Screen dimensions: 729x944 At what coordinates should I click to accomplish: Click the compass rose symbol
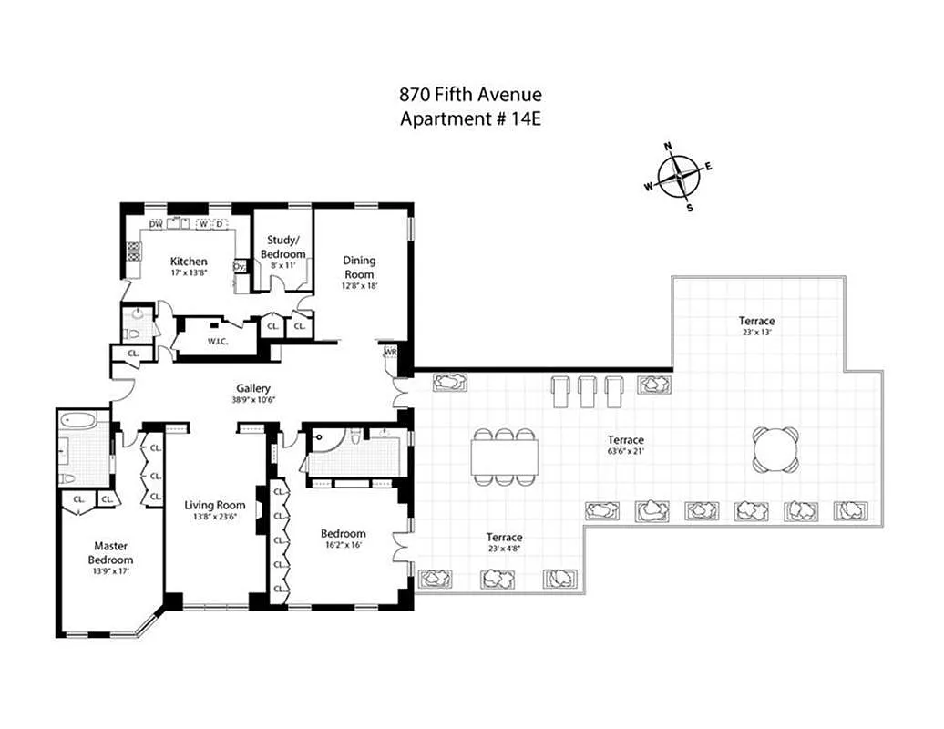(x=679, y=176)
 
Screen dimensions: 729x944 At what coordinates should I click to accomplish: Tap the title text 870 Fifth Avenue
(x=471, y=95)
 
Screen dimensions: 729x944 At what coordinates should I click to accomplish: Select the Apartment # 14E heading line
(x=471, y=118)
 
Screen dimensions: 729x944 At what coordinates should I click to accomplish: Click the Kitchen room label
(x=189, y=262)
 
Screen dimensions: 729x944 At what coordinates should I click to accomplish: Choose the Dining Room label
(x=359, y=267)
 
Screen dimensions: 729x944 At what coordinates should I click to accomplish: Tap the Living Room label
(x=215, y=506)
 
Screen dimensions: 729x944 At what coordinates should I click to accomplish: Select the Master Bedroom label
(x=110, y=553)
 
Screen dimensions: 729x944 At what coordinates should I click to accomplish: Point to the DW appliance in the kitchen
(x=156, y=224)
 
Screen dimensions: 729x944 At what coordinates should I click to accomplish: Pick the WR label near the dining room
(x=391, y=352)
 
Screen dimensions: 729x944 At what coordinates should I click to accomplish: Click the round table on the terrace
(x=775, y=449)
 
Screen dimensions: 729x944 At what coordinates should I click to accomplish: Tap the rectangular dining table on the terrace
(x=504, y=457)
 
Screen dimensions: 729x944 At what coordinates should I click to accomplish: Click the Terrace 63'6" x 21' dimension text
(x=627, y=451)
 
